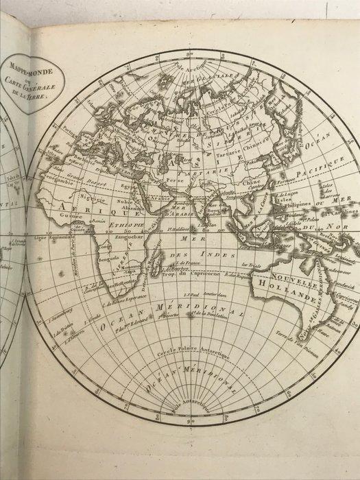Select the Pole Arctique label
[192, 60]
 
